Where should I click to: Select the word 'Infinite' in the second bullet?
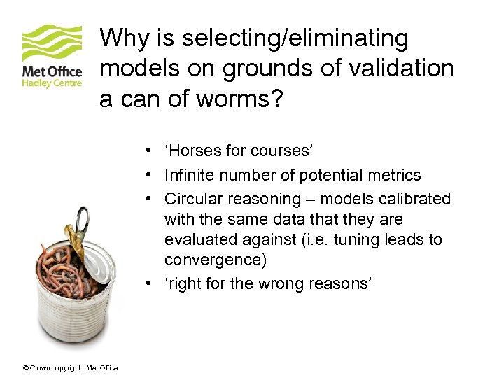[190, 175]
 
